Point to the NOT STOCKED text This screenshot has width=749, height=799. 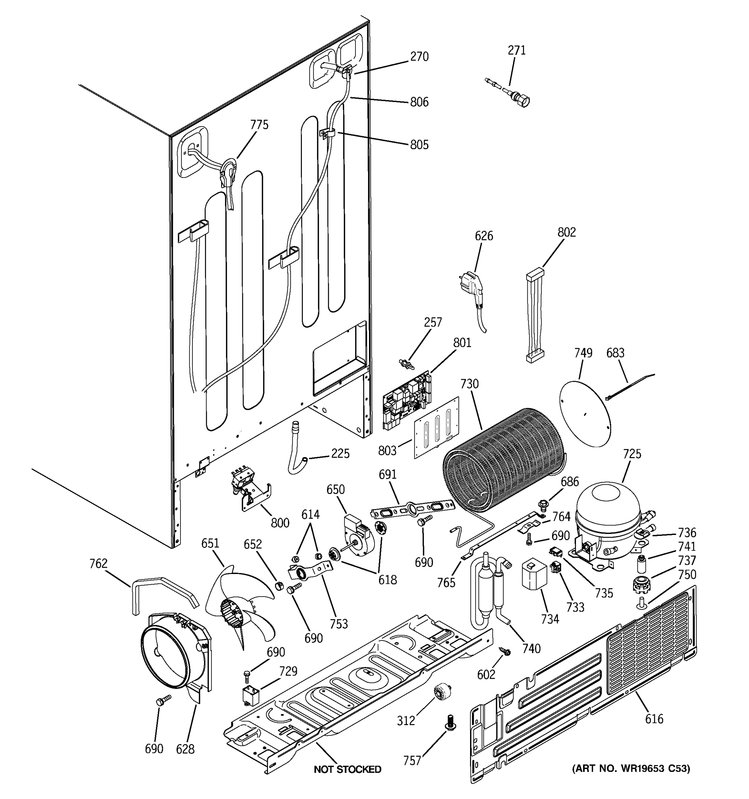coord(347,769)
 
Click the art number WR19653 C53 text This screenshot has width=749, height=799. coord(631,768)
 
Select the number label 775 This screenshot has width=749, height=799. coord(259,125)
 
